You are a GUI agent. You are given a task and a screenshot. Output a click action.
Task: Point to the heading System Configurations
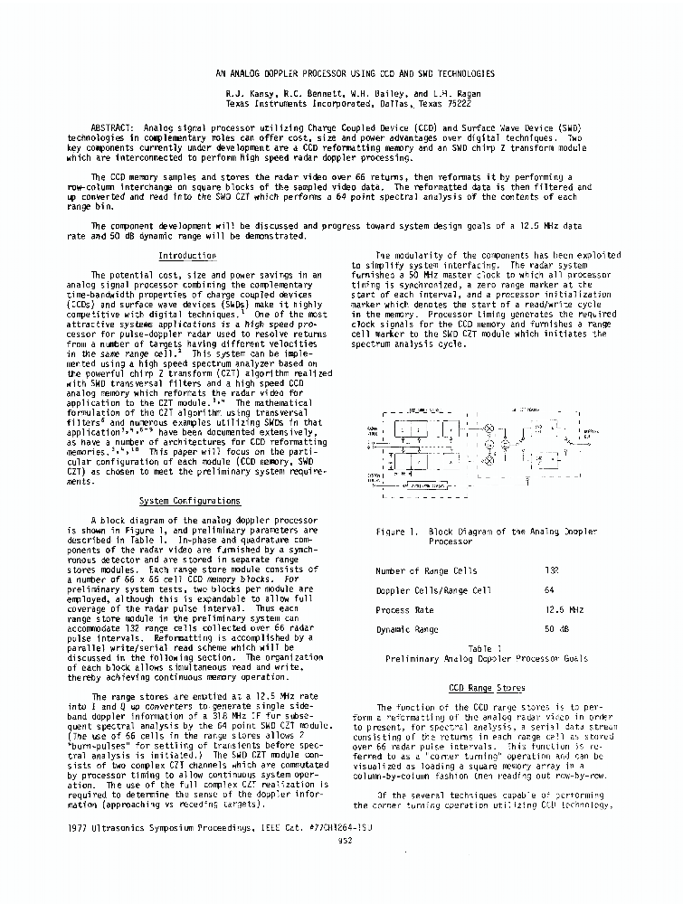[189, 501]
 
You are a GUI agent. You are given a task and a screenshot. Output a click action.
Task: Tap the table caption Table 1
[479, 649]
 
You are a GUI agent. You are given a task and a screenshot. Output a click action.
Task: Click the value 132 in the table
[553, 570]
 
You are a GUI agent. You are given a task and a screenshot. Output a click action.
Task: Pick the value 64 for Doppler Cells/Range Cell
[549, 590]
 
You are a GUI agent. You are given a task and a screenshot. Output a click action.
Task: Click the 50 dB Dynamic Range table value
[555, 629]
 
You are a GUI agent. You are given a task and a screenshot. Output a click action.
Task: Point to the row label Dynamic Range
[407, 629]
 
